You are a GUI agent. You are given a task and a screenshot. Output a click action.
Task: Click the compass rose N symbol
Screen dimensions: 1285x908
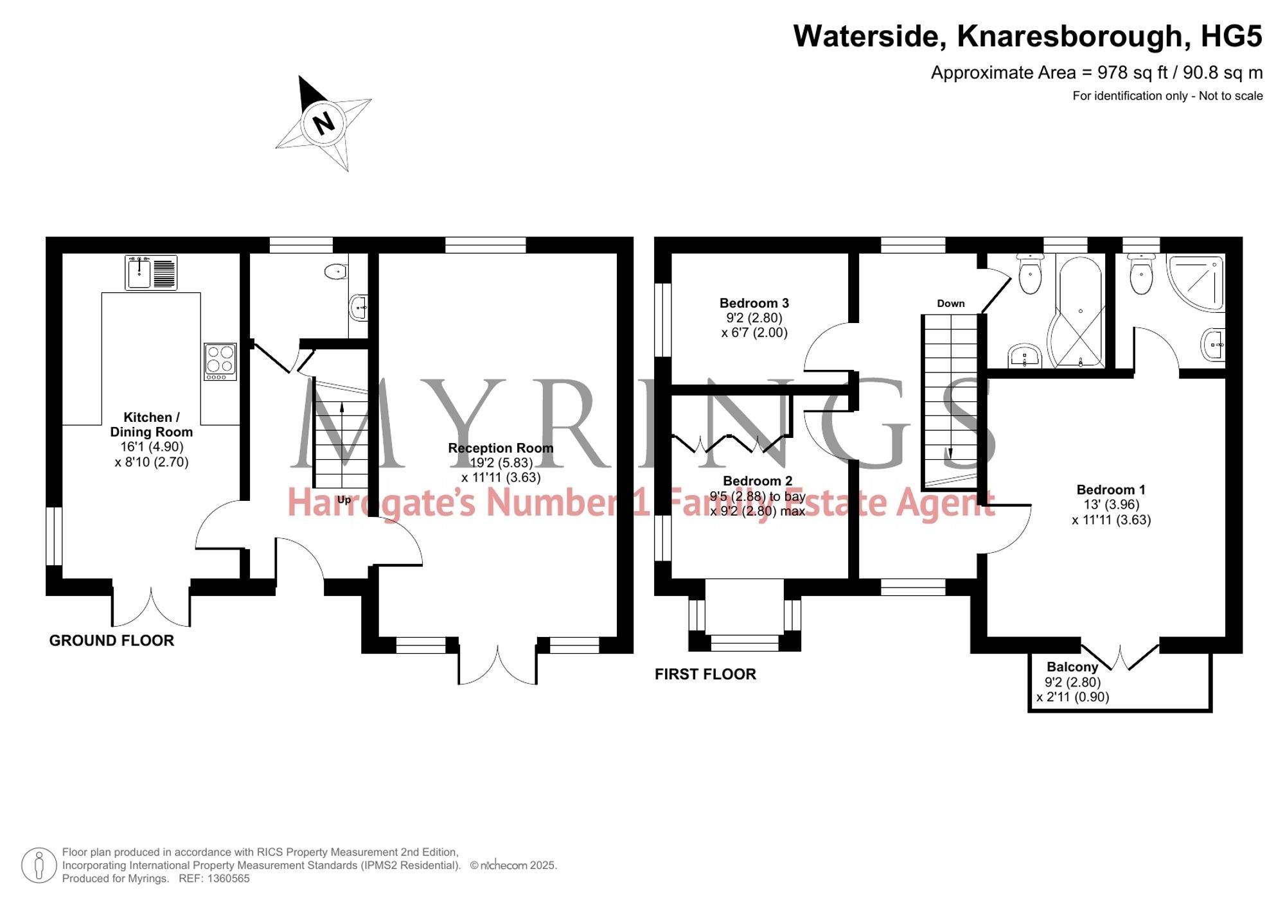pyautogui.click(x=324, y=123)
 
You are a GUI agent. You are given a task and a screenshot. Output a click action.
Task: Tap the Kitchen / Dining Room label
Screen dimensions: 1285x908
pyautogui.click(x=151, y=424)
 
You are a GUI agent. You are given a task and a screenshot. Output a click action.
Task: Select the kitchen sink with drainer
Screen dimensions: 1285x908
pyautogui.click(x=151, y=273)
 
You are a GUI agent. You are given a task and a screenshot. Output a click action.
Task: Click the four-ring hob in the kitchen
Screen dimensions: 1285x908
pyautogui.click(x=220, y=362)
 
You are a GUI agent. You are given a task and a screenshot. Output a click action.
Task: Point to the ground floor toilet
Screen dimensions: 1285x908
pyautogui.click(x=336, y=272)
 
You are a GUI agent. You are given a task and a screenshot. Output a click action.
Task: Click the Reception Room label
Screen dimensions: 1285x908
pyautogui.click(x=501, y=448)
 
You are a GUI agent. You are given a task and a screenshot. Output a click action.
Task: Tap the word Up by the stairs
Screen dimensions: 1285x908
pyautogui.click(x=344, y=500)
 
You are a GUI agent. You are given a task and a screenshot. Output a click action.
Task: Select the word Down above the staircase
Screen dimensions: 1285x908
pyautogui.click(x=951, y=303)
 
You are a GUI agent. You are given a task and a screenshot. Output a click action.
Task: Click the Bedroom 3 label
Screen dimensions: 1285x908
pyautogui.click(x=754, y=303)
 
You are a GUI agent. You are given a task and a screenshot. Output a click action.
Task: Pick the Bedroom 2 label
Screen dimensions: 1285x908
pyautogui.click(x=758, y=481)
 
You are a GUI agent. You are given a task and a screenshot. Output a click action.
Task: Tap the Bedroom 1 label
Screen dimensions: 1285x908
pyautogui.click(x=1111, y=490)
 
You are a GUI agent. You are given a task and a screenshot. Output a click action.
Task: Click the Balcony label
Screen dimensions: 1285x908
pyautogui.click(x=1072, y=667)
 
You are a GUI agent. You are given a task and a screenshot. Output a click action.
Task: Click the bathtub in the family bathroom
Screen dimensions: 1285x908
pyautogui.click(x=1079, y=312)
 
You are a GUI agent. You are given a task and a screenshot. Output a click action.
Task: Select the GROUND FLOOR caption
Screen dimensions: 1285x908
pyautogui.click(x=112, y=640)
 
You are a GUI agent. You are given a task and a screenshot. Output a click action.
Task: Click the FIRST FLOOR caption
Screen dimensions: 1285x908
pyautogui.click(x=705, y=674)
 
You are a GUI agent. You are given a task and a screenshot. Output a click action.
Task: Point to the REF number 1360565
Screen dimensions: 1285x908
pyautogui.click(x=228, y=878)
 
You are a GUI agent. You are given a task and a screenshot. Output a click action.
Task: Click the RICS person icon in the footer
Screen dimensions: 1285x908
pyautogui.click(x=39, y=865)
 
